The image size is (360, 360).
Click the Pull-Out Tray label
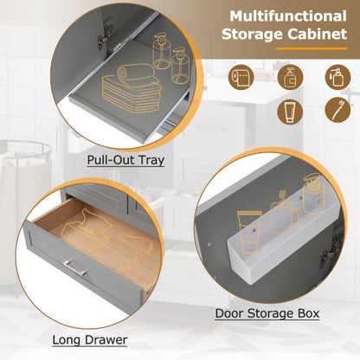(127, 161)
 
